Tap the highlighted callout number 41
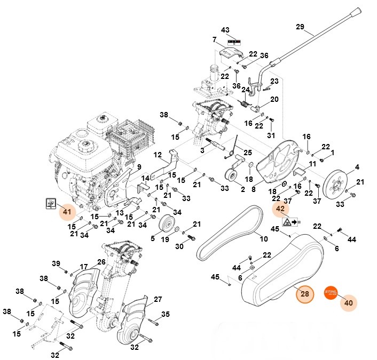point(67,212)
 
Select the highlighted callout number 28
point(304,294)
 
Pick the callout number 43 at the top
point(225,29)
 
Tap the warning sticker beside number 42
point(291,221)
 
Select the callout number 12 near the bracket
point(158,155)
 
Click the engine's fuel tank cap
point(85,145)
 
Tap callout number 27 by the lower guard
point(158,299)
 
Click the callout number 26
point(101,262)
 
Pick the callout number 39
point(56,264)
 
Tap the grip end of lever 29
point(355,12)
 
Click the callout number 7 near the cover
point(214,39)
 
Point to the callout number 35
point(166,314)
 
